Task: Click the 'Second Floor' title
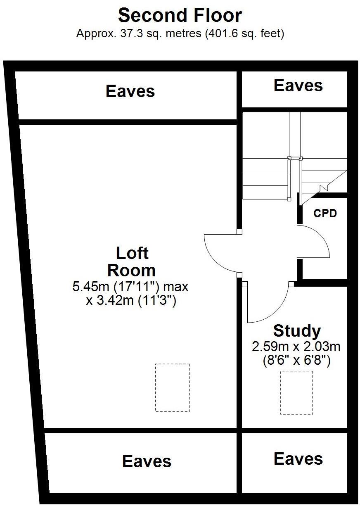click(180, 16)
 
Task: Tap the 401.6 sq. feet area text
click(244, 34)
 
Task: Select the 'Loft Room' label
click(132, 261)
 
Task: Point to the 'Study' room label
click(297, 331)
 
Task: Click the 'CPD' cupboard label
click(325, 214)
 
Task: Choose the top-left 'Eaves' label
click(130, 91)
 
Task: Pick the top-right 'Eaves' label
click(298, 86)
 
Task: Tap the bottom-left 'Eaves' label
click(147, 461)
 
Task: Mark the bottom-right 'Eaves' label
click(298, 459)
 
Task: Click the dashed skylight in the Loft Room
click(172, 387)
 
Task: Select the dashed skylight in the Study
click(296, 392)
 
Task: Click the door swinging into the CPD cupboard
click(315, 244)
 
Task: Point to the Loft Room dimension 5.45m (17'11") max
click(130, 287)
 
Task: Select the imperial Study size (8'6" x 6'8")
click(296, 361)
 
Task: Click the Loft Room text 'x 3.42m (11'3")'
click(131, 300)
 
